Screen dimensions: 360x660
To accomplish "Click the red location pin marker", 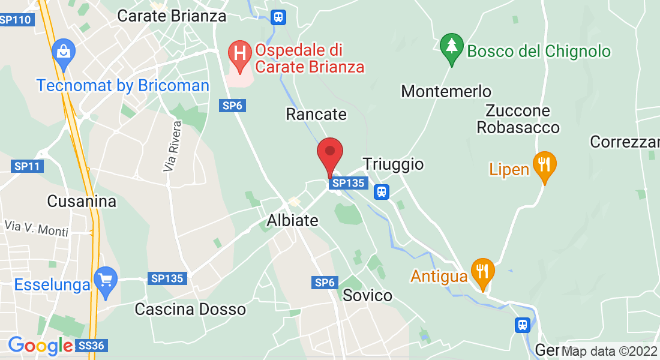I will click(329, 154).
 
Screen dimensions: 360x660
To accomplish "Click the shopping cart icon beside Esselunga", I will click(106, 281).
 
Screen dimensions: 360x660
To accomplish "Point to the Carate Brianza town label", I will click(172, 16).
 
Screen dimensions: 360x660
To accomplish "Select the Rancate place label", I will click(316, 114).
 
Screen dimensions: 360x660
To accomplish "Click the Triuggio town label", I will click(393, 164).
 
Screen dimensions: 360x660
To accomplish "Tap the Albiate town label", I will click(292, 220).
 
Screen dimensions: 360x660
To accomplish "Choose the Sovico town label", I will click(367, 295).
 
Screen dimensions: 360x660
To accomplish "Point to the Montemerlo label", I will click(446, 92).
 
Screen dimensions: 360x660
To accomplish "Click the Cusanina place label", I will click(82, 201).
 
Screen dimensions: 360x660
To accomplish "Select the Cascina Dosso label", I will click(190, 309).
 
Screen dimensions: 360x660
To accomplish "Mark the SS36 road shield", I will click(92, 346).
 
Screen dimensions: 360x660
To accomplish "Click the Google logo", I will click(40, 346).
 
